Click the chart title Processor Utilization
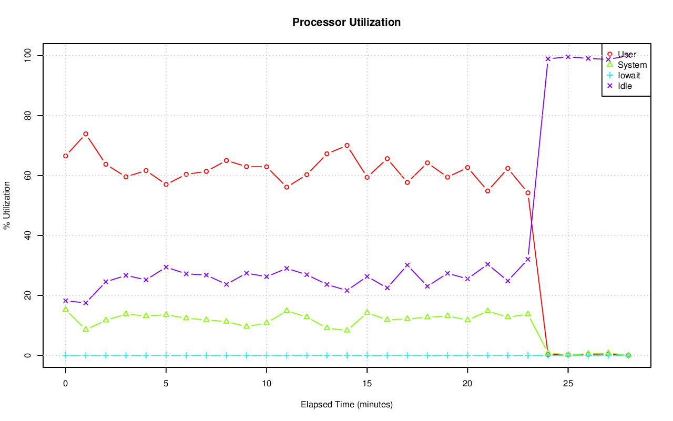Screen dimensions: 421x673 pos(346,22)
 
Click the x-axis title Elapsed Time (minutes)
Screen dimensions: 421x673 pos(346,405)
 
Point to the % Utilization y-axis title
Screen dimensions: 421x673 pos(7,205)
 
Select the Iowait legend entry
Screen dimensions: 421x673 pos(629,75)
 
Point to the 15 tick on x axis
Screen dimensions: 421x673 pos(367,384)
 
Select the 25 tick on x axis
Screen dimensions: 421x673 pos(568,384)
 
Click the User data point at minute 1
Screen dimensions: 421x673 pos(86,134)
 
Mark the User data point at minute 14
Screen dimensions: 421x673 pos(347,145)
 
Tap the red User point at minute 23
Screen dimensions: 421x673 pos(528,193)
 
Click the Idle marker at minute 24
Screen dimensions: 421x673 pos(548,59)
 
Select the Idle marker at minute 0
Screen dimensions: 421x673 pos(66,301)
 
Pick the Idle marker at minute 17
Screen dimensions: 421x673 pos(407,265)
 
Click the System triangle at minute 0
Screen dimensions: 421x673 pos(66,309)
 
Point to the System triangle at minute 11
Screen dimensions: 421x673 pos(287,310)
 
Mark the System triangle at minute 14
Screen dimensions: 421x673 pos(347,330)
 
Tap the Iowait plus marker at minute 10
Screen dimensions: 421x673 pos(267,355)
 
